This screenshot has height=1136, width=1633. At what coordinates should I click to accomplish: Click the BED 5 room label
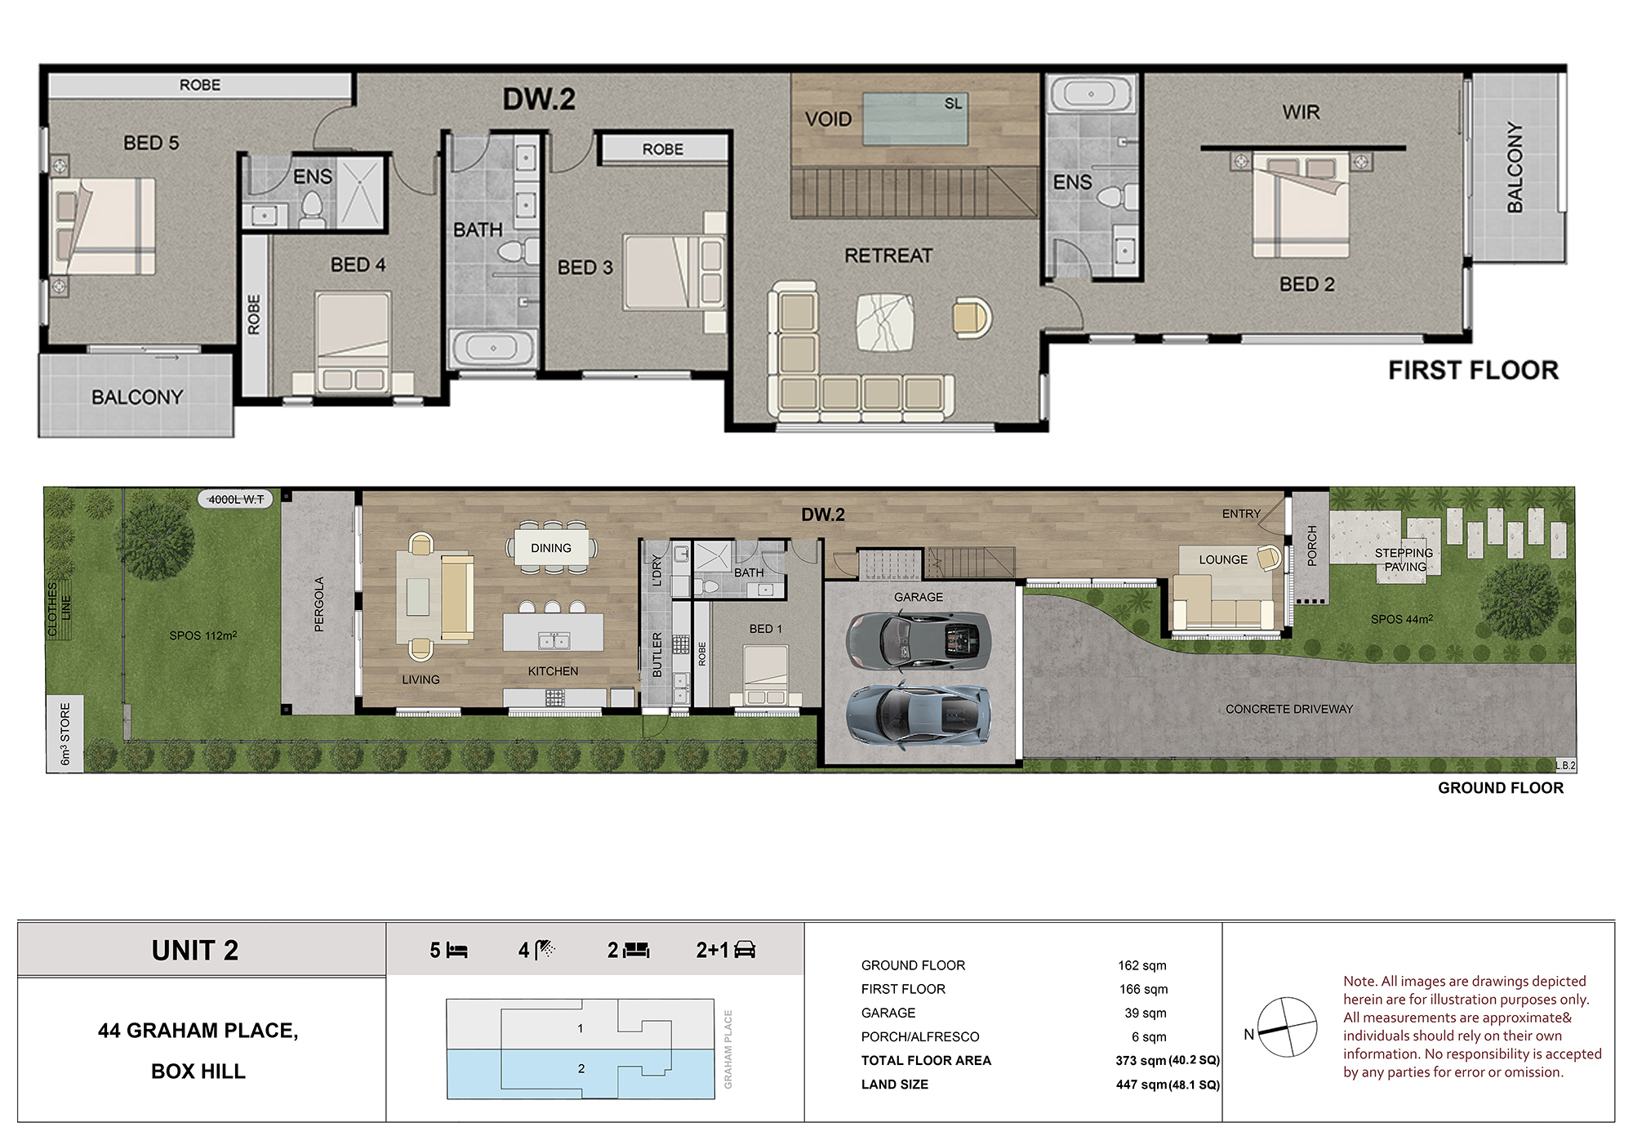pyautogui.click(x=151, y=143)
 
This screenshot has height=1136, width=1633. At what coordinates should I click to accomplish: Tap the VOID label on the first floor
pyautogui.click(x=828, y=119)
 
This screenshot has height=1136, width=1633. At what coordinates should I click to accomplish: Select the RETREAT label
pyautogui.click(x=888, y=256)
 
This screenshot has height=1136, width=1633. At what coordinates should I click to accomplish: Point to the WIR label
pyautogui.click(x=1301, y=112)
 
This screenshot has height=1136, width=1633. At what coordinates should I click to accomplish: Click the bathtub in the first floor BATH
pyautogui.click(x=492, y=348)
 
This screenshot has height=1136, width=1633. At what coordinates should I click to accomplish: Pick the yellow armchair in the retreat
pyautogui.click(x=972, y=318)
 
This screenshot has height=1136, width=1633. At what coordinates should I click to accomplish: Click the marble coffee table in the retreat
pyautogui.click(x=884, y=322)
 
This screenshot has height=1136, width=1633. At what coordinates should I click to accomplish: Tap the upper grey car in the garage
pyautogui.click(x=919, y=637)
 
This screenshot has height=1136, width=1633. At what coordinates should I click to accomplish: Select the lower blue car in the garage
pyautogui.click(x=919, y=714)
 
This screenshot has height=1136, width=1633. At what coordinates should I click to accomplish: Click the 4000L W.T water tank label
pyautogui.click(x=236, y=499)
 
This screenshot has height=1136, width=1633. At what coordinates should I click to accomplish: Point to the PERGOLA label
pyautogui.click(x=319, y=604)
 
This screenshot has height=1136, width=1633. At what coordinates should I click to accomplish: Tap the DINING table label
pyautogui.click(x=551, y=548)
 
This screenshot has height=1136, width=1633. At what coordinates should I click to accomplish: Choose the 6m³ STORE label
pyautogui.click(x=65, y=733)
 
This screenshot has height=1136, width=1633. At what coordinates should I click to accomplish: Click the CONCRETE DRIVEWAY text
pyautogui.click(x=1289, y=709)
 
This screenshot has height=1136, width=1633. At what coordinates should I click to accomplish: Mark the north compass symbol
pyautogui.click(x=1287, y=1027)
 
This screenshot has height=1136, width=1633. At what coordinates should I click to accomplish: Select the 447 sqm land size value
pyautogui.click(x=1141, y=1085)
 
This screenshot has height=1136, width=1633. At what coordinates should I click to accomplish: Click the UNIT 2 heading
pyautogui.click(x=195, y=951)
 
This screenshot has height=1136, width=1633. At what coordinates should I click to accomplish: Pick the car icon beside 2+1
pyautogui.click(x=745, y=950)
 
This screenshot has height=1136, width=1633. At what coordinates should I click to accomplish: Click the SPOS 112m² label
pyautogui.click(x=203, y=635)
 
